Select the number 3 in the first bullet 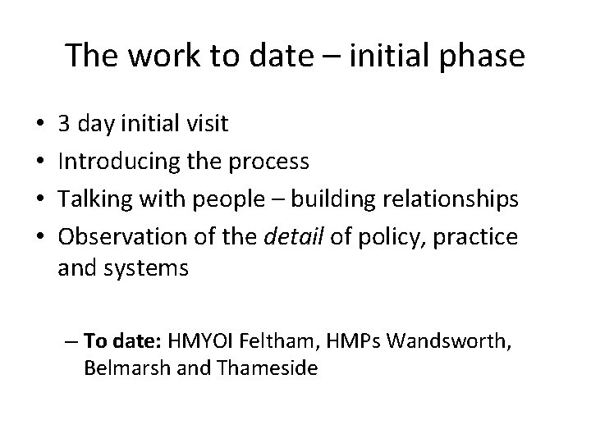click(63, 125)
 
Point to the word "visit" click(208, 125)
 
